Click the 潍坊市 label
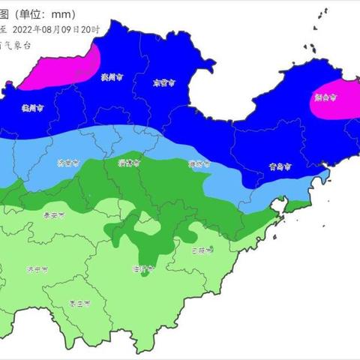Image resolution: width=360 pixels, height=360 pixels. point(198,163)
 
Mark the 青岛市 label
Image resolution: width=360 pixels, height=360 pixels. point(277,168)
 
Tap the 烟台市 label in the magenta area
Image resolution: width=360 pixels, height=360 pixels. point(325,97)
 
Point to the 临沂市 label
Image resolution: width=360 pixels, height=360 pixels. point(142,268)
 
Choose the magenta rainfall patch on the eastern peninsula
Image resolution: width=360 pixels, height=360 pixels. point(334,100)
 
